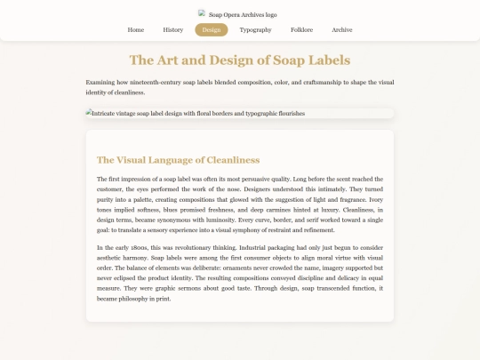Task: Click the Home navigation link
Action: click(136, 29)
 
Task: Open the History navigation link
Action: click(173, 29)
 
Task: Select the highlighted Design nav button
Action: click(212, 29)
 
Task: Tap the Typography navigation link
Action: click(255, 29)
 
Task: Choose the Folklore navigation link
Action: click(301, 29)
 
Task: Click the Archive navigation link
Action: click(342, 29)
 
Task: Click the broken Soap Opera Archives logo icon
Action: click(203, 13)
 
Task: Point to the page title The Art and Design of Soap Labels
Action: click(240, 60)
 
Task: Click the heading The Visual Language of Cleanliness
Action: click(178, 160)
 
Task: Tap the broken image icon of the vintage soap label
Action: click(89, 113)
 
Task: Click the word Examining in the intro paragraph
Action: click(100, 82)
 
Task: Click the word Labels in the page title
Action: click(327, 60)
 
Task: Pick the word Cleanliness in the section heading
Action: click(229, 160)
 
